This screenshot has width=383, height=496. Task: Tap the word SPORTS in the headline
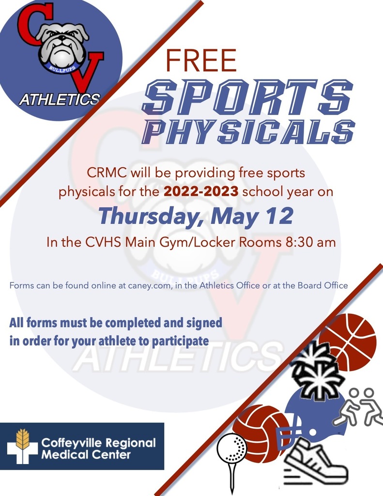tap(247, 97)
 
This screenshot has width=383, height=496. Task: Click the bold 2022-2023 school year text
tap(201, 191)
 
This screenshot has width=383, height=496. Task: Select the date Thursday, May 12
tap(196, 216)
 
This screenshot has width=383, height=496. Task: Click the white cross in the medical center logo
tap(22, 448)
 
